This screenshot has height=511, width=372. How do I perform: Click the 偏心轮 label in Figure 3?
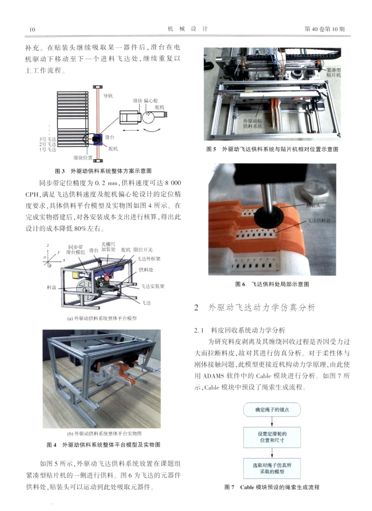click(151, 100)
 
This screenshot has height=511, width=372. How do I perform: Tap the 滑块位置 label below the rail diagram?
click(83, 158)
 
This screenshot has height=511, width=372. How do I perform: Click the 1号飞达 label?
click(47, 149)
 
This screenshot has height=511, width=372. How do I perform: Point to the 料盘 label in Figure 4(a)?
click(52, 287)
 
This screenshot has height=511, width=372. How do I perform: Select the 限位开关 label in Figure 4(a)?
click(143, 250)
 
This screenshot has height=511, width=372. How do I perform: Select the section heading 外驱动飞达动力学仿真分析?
click(262, 308)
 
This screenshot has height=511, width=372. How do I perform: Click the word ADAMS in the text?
click(215, 375)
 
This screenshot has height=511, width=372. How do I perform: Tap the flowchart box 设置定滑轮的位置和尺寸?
click(272, 437)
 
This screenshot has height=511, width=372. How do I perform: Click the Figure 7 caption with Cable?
click(272, 487)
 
